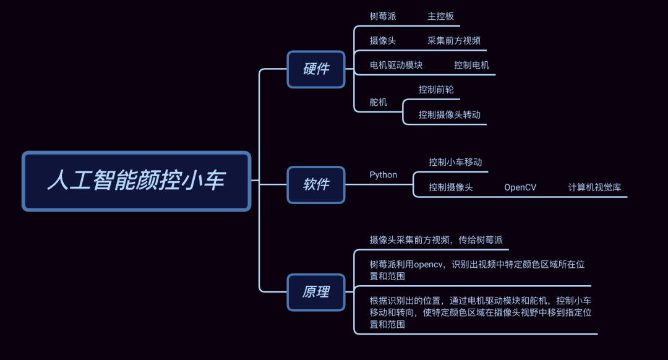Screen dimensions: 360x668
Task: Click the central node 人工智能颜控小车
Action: [x=136, y=181]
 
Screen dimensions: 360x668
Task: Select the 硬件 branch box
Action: [x=316, y=69]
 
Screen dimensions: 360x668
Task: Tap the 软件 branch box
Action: [x=316, y=184]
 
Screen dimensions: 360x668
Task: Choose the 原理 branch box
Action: [x=316, y=292]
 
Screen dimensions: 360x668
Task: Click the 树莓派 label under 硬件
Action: [x=383, y=16]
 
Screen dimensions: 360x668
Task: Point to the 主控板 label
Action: [x=440, y=16]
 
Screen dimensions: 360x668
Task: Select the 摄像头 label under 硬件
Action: [x=383, y=41]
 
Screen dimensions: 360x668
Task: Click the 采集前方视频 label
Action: [x=453, y=41]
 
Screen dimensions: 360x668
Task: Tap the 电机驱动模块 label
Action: [x=396, y=65]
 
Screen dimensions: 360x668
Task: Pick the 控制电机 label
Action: [x=471, y=65]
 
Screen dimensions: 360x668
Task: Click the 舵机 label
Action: [x=379, y=102]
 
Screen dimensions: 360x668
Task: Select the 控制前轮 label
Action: [x=436, y=90]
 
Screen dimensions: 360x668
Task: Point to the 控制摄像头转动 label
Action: [x=449, y=114]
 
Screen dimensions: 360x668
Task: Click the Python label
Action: [x=383, y=174]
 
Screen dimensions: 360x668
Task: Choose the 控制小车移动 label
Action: [x=455, y=162]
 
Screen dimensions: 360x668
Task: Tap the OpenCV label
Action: [x=520, y=187]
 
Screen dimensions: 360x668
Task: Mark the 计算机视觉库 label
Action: [x=594, y=187]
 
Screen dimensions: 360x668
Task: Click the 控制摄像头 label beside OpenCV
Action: [x=451, y=187]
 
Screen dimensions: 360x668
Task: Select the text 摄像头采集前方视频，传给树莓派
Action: [x=440, y=240]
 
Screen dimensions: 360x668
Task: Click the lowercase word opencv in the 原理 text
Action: [x=429, y=265]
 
